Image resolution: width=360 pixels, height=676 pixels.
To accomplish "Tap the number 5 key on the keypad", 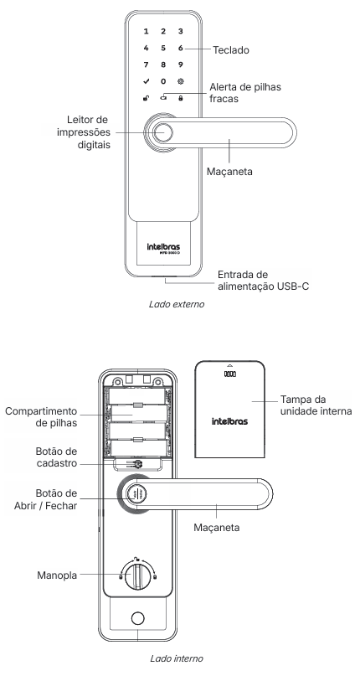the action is click(x=163, y=48).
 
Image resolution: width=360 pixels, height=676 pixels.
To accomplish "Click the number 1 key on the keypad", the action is click(x=147, y=31).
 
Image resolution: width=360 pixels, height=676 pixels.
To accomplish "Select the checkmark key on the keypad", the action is click(x=147, y=81).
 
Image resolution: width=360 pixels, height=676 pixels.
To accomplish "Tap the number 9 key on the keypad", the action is click(x=181, y=65).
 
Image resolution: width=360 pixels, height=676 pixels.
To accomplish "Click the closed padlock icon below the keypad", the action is click(x=181, y=98).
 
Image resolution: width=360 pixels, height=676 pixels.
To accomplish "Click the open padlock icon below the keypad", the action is click(x=146, y=98).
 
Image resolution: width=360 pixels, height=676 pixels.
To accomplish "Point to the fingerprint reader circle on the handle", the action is click(x=163, y=132).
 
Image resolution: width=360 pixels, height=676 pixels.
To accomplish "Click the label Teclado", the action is click(x=231, y=50).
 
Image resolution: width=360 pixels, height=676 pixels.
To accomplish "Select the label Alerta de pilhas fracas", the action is click(x=245, y=93).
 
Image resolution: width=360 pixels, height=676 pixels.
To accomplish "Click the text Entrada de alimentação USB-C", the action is click(x=263, y=281).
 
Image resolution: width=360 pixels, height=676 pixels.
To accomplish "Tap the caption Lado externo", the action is click(x=177, y=304).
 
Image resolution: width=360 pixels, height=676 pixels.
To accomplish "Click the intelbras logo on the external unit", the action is click(x=163, y=247).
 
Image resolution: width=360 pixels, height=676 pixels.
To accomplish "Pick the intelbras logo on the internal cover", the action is click(x=229, y=421).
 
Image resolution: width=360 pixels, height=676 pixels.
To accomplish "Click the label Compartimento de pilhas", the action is click(x=41, y=417).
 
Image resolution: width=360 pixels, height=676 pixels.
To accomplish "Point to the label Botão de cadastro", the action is click(x=56, y=457).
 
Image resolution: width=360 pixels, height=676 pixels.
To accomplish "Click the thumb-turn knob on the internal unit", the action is click(x=137, y=575).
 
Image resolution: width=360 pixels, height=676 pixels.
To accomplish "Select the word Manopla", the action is click(x=57, y=575).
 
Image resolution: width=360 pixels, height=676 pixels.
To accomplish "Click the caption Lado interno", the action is click(x=177, y=658).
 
